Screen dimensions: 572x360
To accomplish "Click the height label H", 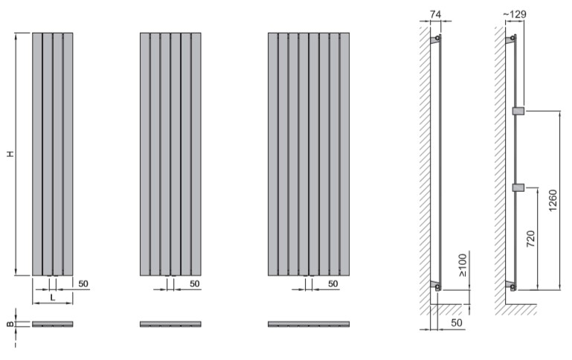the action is pos(11,153).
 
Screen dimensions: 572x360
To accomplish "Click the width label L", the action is pos(53,298).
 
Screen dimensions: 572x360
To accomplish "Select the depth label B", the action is pos(11,324).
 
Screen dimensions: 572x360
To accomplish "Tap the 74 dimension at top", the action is pos(435,15).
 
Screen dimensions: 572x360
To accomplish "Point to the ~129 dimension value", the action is pos(515,14).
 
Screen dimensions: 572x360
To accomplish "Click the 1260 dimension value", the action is pos(553,200).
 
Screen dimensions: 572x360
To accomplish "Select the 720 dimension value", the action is pos(531,239).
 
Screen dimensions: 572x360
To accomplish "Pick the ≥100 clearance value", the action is pos(462,266).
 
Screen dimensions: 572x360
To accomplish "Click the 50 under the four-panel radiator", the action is pos(83,284).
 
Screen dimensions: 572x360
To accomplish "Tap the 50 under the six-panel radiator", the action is pos(194,284).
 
